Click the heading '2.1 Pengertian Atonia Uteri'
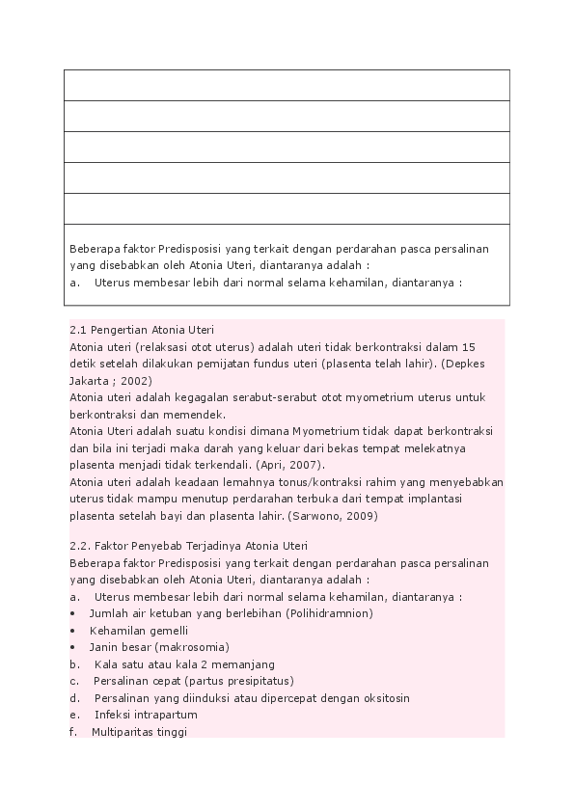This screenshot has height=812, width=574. [141, 330]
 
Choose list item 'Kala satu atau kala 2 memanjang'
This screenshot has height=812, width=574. [184, 664]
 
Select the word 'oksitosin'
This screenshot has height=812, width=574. [386, 698]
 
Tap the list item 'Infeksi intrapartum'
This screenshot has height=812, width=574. [146, 715]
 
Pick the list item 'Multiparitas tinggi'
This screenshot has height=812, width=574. [139, 732]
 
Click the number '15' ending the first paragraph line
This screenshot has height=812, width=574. [470, 347]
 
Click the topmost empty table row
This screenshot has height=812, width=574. [287, 85]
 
